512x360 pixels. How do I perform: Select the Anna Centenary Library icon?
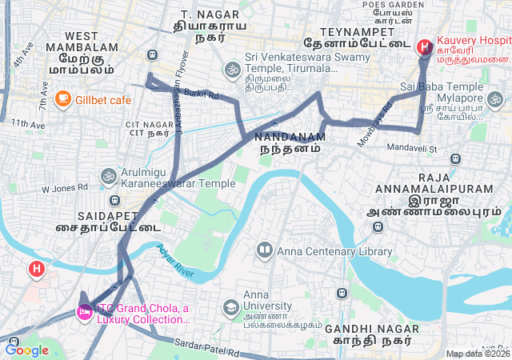pos(265,251)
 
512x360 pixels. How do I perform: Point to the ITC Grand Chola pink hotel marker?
pos(84,312)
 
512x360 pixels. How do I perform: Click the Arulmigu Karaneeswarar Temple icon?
pos(108,175)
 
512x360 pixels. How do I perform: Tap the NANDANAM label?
pos(292,137)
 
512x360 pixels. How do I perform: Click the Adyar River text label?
pos(175,262)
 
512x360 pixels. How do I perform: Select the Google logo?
pos(27,350)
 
